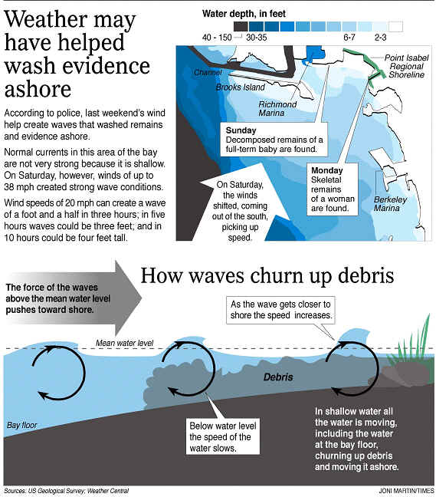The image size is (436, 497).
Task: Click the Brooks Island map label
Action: [x=241, y=87]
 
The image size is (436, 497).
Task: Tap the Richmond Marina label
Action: [x=277, y=108]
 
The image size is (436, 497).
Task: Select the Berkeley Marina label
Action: [x=390, y=203]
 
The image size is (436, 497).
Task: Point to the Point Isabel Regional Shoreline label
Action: [x=407, y=66]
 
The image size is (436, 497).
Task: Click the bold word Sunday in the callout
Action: [x=241, y=130]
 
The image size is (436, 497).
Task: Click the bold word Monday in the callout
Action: [x=326, y=170]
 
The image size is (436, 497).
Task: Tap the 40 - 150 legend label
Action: [x=217, y=38]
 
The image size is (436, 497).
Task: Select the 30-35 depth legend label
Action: [x=257, y=38]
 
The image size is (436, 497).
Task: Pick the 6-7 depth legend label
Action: [x=349, y=38]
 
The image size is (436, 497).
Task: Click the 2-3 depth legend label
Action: [x=380, y=38]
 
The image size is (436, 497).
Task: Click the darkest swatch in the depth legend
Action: [x=241, y=26]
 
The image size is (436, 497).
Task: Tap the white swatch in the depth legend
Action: [x=395, y=26]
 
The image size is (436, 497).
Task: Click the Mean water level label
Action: [x=124, y=343]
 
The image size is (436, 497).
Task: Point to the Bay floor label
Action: [x=22, y=425]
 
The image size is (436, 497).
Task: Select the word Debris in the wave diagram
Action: [x=278, y=377]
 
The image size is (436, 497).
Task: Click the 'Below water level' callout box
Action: [x=222, y=436]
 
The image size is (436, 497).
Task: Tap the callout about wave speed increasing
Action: [x=280, y=310]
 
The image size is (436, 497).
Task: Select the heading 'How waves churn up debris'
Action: [x=267, y=276]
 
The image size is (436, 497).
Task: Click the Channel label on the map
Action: [x=208, y=73]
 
